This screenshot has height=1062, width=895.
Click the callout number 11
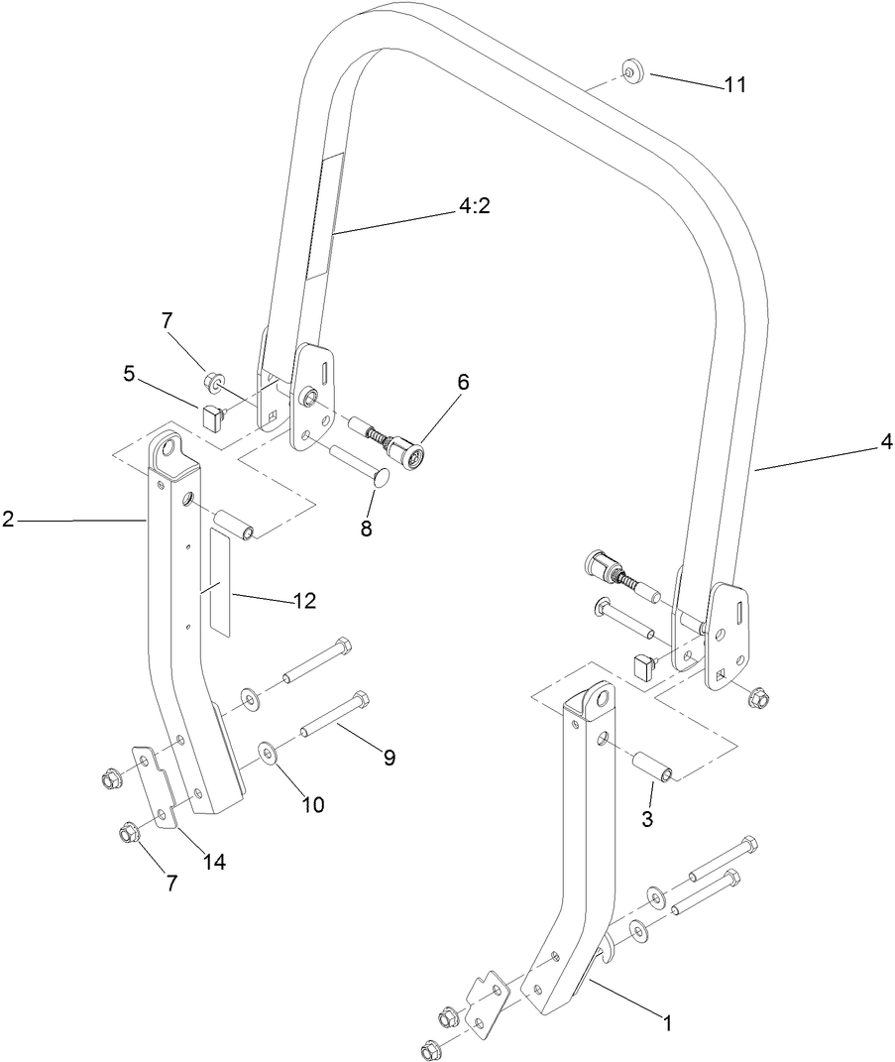coord(734,85)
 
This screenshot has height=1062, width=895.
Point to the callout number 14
coord(215,862)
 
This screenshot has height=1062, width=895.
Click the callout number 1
coord(667,1022)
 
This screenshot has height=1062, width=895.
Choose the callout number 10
coord(313,804)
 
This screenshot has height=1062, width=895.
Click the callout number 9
coord(389,757)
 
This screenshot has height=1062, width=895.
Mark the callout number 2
coord(8,519)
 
